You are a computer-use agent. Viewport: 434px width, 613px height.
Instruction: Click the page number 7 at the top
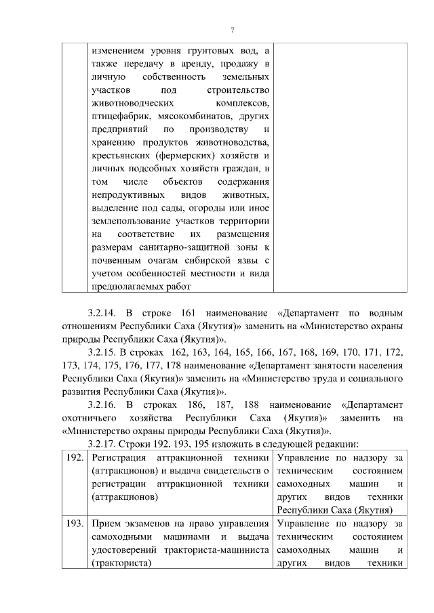click(232, 30)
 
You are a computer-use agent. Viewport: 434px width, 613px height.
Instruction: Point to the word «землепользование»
click(131, 221)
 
